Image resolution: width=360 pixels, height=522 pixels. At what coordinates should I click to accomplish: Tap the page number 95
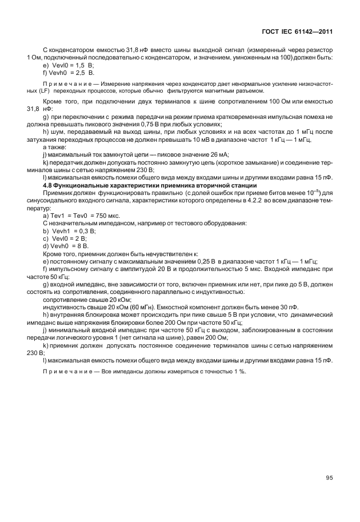[329, 478]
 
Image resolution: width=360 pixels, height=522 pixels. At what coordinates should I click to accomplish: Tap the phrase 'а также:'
[54, 147]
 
